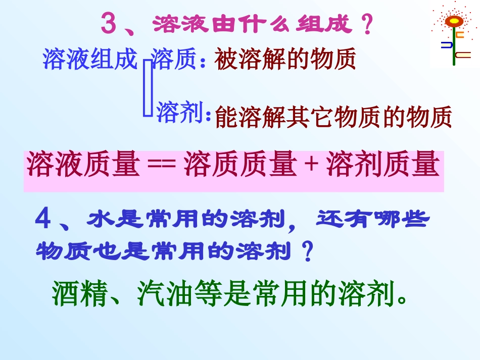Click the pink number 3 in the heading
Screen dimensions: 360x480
(110, 24)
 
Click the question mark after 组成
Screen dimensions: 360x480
(368, 25)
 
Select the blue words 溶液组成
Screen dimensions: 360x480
(90, 59)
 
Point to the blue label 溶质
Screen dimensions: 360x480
(173, 59)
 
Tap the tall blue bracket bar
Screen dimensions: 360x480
(148, 88)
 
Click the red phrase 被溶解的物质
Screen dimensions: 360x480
(285, 60)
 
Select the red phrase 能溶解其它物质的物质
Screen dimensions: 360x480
(333, 118)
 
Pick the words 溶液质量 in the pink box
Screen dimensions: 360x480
(83, 165)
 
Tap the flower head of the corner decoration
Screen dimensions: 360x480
(454, 21)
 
